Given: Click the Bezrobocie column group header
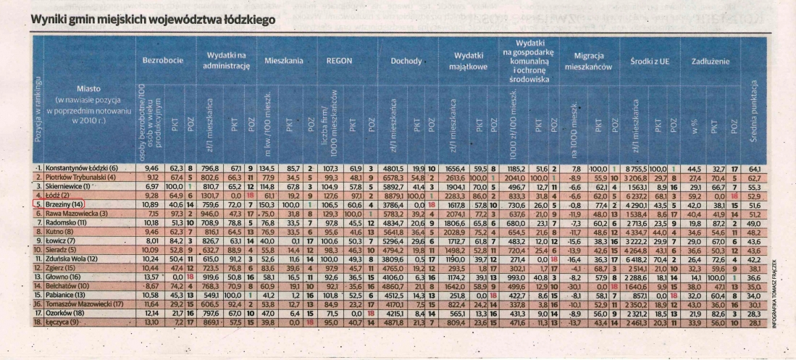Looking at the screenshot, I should pos(158,62).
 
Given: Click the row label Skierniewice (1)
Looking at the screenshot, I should pos(72,185).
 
